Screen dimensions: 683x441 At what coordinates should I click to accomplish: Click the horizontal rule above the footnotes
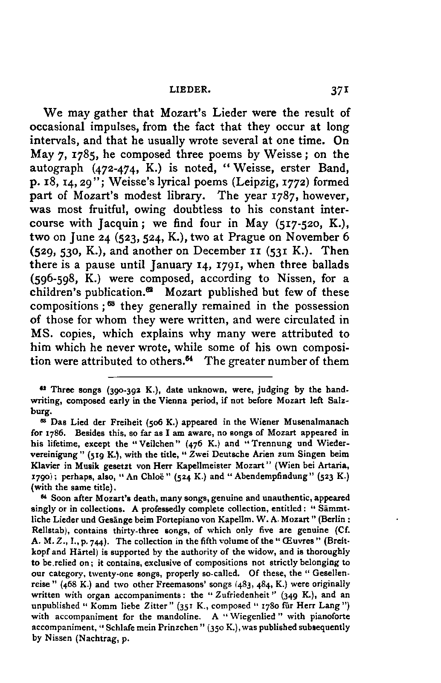[x=190, y=377]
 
